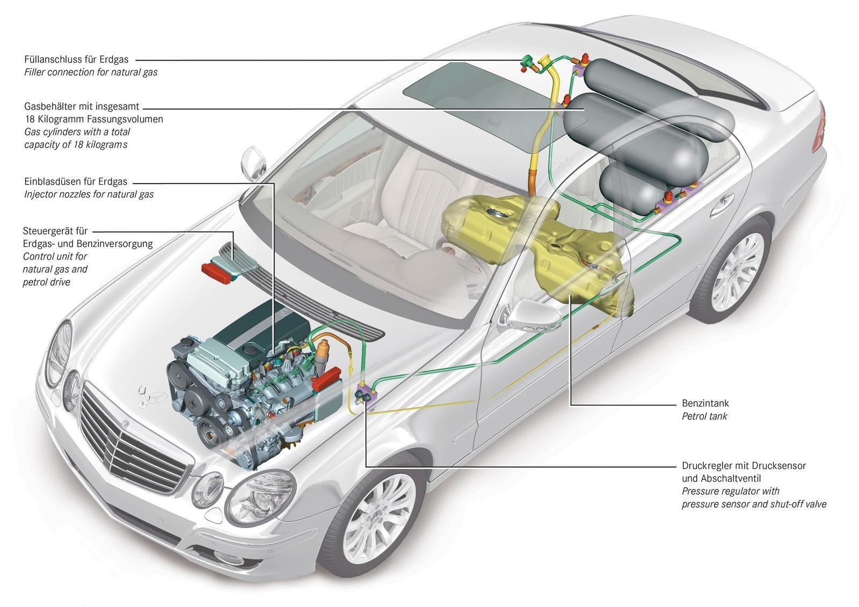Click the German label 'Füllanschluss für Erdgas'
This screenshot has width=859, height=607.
[76, 60]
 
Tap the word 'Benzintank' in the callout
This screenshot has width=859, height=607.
[705, 403]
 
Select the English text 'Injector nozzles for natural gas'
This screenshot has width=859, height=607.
[89, 194]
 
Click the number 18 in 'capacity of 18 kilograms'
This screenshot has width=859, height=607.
[82, 144]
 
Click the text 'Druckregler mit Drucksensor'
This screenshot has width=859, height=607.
[744, 465]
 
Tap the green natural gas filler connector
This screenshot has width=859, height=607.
[528, 62]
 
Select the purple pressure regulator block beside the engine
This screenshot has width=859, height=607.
[366, 394]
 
